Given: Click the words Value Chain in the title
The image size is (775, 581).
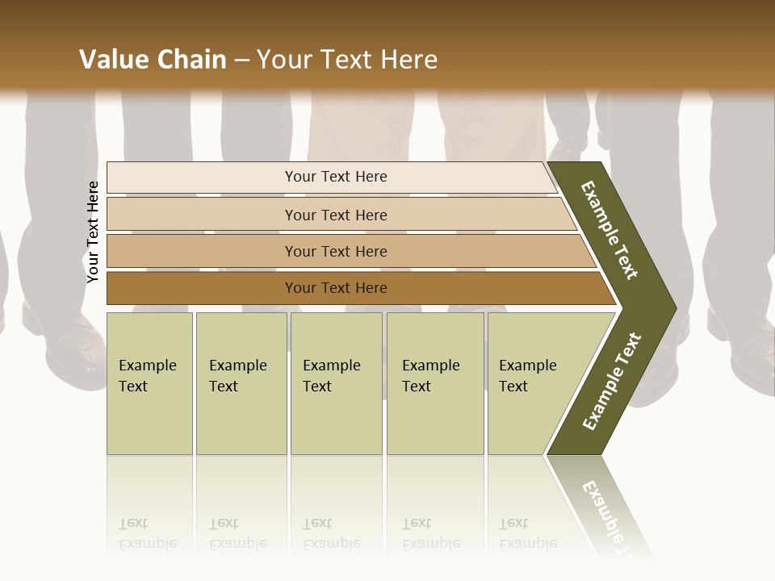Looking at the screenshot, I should pos(153,60).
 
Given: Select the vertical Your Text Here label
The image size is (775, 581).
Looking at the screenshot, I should pos(93,232).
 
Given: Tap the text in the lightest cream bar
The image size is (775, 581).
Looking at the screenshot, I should pos(336,177).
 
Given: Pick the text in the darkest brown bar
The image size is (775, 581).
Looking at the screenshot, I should pos(336,288).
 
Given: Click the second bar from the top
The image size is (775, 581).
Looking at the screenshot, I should pos(336,215).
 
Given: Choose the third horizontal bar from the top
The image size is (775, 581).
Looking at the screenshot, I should pos(336,252).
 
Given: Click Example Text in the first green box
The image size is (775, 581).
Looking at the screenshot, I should pos(147,376).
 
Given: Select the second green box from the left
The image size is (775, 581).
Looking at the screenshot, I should pos(241,383).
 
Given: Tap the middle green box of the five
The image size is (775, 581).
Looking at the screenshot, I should pos(336,383).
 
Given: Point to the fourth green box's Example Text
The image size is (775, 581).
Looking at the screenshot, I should pos(430,376).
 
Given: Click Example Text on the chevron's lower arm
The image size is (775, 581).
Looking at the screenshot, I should pos(611,382).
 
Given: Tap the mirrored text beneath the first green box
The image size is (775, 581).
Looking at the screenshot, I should pos(147,534).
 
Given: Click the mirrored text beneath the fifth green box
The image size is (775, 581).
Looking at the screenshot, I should pos(527,534).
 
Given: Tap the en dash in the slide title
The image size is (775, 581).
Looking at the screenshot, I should pos(241,61).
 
